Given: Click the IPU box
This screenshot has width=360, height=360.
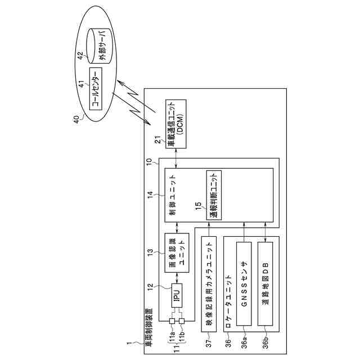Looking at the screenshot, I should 177,297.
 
